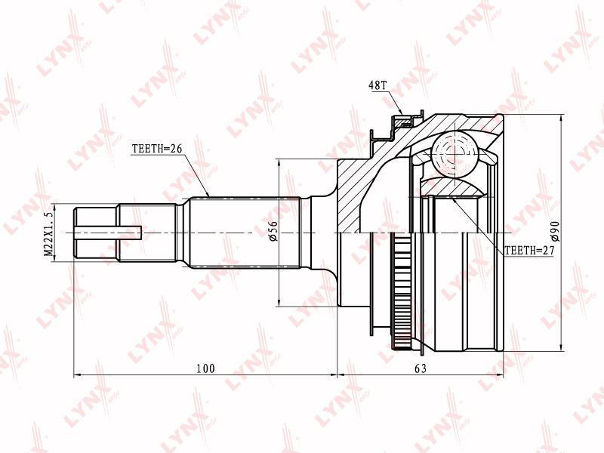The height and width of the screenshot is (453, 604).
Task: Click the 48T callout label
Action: [x=377, y=85]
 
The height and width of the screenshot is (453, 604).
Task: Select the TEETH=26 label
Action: [x=157, y=149]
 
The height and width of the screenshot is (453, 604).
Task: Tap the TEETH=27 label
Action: [x=529, y=251]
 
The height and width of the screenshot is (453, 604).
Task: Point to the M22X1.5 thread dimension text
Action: [x=48, y=234]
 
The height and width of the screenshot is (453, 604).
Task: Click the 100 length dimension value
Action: [x=205, y=368]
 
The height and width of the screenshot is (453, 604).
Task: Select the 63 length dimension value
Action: [x=421, y=368]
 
